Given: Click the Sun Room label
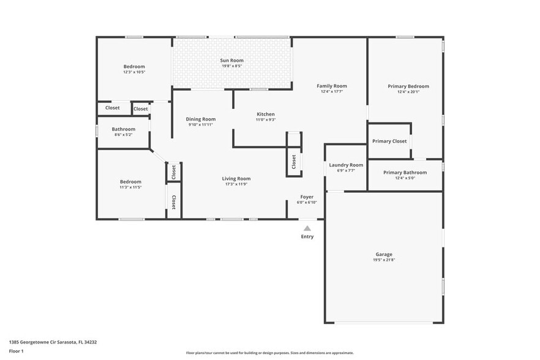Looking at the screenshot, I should tap(232, 61).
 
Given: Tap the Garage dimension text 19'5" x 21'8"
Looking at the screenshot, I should tap(384, 260).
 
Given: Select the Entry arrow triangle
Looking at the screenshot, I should tap(307, 228).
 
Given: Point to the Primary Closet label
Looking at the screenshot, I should tap(389, 141).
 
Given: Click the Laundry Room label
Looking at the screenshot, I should tap(346, 165).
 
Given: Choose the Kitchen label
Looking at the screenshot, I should tap(265, 114).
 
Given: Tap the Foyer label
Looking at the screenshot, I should tap(307, 197).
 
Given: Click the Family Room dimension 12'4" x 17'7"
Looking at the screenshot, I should tap(331, 92).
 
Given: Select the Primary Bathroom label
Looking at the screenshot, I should tap(405, 173).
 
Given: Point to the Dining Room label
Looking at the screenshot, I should tap(201, 119).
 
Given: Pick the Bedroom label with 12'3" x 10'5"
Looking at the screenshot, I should tap(134, 67).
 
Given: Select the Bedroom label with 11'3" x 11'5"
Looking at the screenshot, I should tap(130, 182).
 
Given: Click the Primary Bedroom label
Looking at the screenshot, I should tap(408, 86).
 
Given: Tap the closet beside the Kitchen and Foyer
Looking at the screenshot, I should tap(294, 161).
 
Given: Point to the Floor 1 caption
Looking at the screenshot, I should tap(16, 351).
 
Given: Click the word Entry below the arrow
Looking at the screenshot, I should tap(307, 236).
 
